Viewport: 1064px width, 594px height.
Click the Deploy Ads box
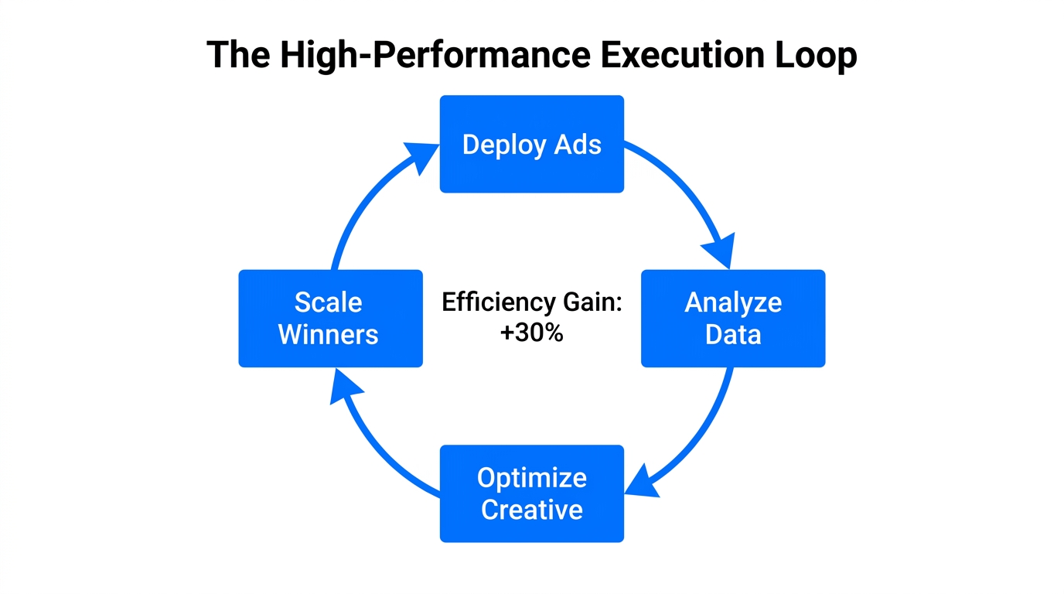(x=531, y=144)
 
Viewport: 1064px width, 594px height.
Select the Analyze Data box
(x=733, y=318)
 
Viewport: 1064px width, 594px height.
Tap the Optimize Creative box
(x=531, y=493)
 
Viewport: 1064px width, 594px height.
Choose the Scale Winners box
(x=330, y=318)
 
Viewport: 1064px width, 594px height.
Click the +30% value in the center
(x=531, y=334)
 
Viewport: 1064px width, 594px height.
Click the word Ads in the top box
(x=578, y=144)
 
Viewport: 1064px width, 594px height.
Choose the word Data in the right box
(x=733, y=334)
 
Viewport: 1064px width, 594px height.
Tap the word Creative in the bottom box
(x=531, y=510)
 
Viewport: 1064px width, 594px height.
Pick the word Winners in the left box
(x=328, y=334)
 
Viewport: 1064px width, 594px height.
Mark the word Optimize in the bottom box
(x=531, y=477)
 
